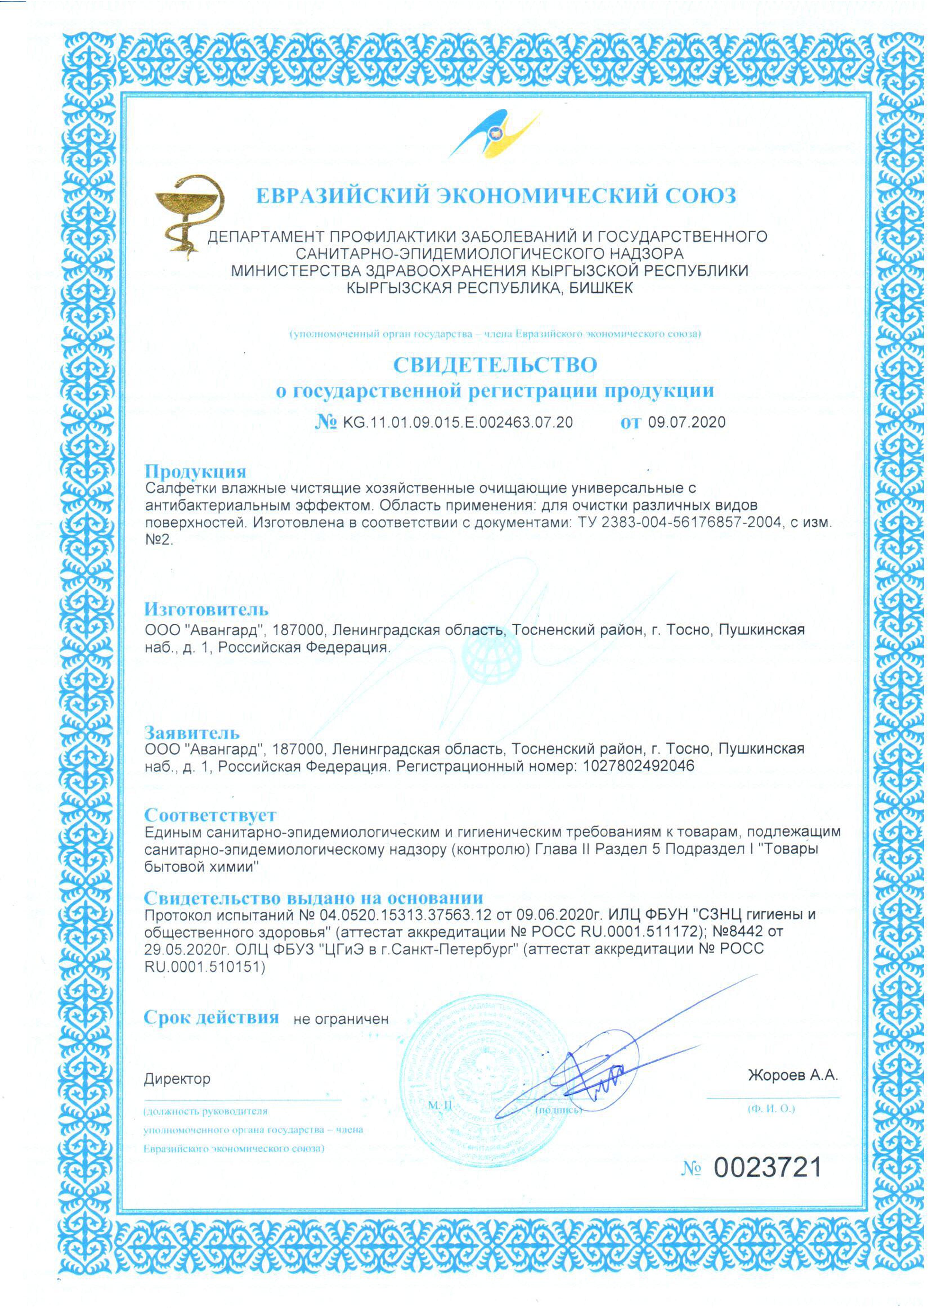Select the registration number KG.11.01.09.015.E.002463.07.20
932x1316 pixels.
click(457, 423)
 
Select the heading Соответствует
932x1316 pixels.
click(210, 815)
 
